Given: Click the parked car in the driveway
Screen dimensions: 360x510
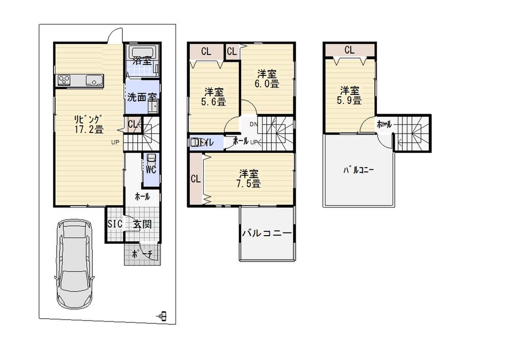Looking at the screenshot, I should tap(74, 264).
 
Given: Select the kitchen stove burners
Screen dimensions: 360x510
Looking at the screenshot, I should tap(64, 80).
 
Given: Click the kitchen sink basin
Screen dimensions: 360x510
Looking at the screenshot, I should tap(94, 80).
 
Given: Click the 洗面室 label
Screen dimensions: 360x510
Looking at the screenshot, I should tap(141, 96).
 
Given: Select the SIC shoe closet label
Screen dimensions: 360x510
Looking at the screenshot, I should tap(114, 224).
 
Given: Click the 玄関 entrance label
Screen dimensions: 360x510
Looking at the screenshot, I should tap(142, 224).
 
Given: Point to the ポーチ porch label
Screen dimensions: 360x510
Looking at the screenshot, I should tap(142, 254).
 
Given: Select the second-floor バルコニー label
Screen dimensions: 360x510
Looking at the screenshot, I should tap(266, 233).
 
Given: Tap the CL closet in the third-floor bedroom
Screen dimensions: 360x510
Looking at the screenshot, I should tap(349, 50).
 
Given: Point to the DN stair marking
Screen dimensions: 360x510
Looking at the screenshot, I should tap(253, 124).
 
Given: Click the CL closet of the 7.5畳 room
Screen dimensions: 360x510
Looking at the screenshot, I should tap(195, 179).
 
